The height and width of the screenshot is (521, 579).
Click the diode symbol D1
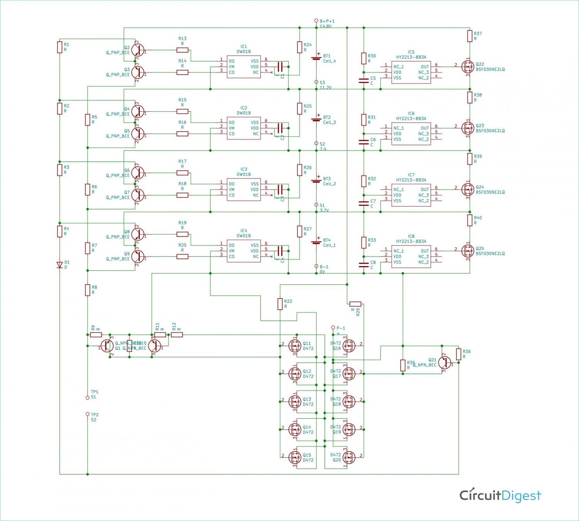pyautogui.click(x=59, y=265)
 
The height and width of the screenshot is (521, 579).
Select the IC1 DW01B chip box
pyautogui.click(x=244, y=66)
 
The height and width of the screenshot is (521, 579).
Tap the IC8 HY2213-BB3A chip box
pyautogui.click(x=411, y=256)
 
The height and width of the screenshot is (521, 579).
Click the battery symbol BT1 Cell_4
pyautogui.click(x=317, y=58)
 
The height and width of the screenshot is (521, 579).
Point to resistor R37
pyautogui.click(x=470, y=36)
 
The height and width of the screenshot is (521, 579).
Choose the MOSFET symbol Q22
pyautogui.click(x=468, y=66)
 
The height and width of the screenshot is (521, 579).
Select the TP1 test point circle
pyautogui.click(x=88, y=397)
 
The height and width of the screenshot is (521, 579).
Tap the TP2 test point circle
pyautogui.click(x=88, y=414)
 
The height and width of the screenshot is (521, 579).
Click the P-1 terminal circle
pyautogui.click(x=333, y=328)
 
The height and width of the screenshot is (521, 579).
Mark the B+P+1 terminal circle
pyautogui.click(x=316, y=21)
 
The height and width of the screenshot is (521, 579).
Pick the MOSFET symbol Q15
pyautogui.click(x=295, y=457)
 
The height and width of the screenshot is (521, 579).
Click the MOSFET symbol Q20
pyautogui.click(x=349, y=457)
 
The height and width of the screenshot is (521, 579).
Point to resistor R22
pyautogui.click(x=280, y=304)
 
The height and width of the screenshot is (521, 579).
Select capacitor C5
pyautogui.click(x=364, y=81)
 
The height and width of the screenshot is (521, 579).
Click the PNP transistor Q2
pyautogui.click(x=137, y=50)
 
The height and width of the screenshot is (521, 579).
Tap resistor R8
pyautogui.click(x=88, y=290)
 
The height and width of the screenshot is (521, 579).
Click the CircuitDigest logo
pyautogui.click(x=500, y=495)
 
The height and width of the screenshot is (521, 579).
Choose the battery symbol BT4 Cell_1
pyautogui.click(x=317, y=242)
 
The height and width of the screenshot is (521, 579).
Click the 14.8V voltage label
pyautogui.click(x=325, y=27)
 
